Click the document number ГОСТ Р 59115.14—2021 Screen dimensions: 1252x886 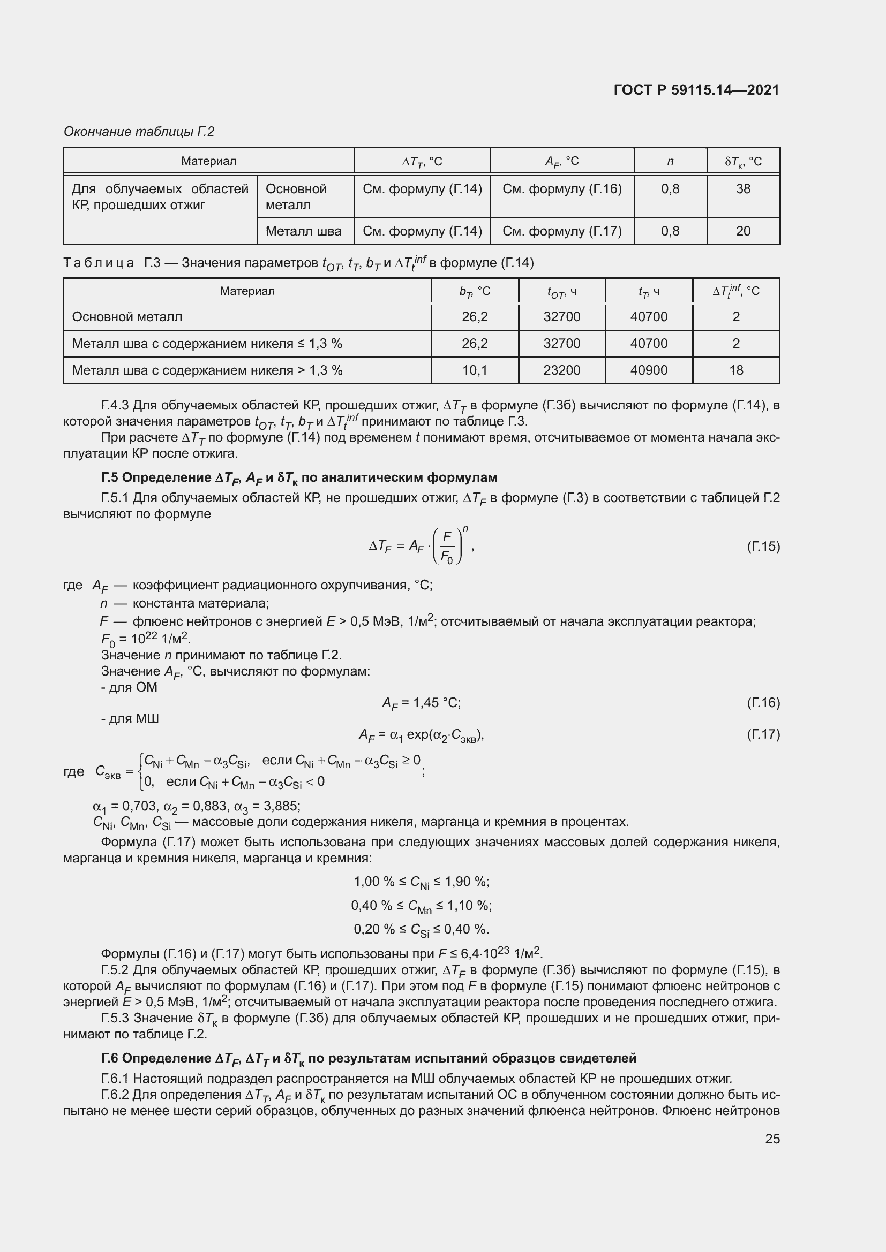(x=696, y=90)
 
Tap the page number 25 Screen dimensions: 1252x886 (x=772, y=1139)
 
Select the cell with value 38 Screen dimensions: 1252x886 (x=743, y=189)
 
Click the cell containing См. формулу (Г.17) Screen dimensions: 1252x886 (x=562, y=231)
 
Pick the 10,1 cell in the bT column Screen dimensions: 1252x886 (x=475, y=370)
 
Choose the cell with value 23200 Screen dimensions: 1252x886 (x=561, y=370)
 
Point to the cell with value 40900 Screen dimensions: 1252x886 (x=649, y=370)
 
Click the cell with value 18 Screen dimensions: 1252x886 (x=736, y=370)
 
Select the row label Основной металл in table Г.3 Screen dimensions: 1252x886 (x=127, y=317)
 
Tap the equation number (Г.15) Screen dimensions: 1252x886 (x=763, y=547)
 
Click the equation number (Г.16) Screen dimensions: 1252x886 (x=763, y=702)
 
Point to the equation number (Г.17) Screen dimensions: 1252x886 (x=763, y=734)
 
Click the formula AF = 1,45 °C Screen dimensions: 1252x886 (x=421, y=703)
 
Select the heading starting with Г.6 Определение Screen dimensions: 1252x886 (x=369, y=1058)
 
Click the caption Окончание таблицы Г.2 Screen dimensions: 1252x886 (x=139, y=132)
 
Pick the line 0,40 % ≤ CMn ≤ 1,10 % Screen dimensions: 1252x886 (x=421, y=906)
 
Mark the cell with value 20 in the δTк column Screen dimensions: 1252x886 (x=743, y=231)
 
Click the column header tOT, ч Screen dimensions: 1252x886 (x=561, y=292)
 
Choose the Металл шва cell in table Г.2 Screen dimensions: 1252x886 (x=303, y=231)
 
